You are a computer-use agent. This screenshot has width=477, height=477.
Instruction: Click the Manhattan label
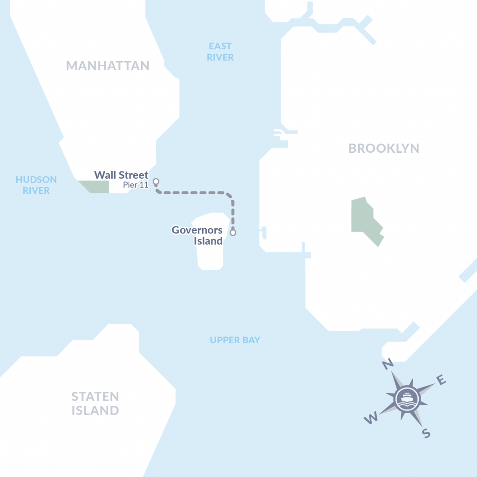click(108, 66)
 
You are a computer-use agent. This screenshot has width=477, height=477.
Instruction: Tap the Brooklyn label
click(384, 149)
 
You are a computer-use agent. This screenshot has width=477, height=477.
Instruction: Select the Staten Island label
click(95, 403)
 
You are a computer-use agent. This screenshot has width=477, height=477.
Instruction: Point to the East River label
click(220, 52)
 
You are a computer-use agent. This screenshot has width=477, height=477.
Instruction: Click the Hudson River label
click(36, 185)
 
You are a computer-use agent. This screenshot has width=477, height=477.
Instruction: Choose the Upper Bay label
click(235, 340)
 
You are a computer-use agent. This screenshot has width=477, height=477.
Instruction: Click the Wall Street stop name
click(121, 176)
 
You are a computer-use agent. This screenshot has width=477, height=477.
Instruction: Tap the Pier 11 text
click(136, 185)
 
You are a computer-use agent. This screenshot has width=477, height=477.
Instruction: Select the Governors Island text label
click(197, 235)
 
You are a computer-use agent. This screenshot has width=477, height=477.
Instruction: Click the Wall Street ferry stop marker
click(156, 182)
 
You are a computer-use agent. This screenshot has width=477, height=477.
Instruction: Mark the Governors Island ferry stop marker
click(233, 232)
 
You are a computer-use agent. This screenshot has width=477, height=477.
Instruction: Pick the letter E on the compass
click(441, 382)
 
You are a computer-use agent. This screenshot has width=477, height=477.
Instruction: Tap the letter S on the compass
click(425, 433)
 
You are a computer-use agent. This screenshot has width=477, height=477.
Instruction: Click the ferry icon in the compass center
click(406, 399)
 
